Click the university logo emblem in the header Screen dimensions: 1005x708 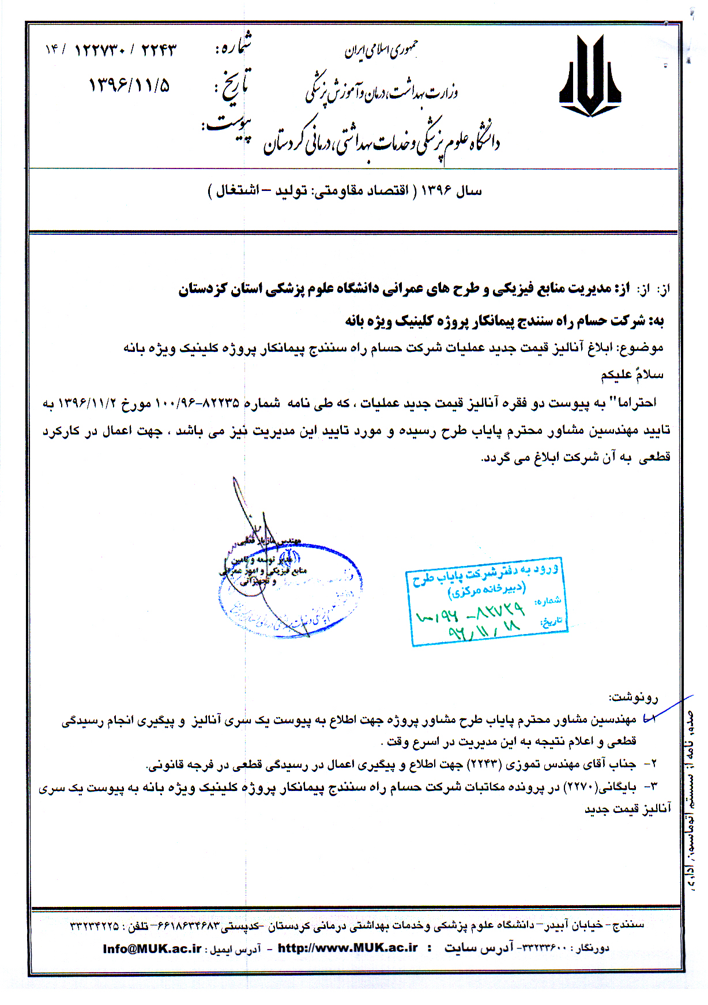(589, 76)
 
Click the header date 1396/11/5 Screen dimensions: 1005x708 (129, 85)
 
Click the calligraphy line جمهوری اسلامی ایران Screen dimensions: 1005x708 (381, 51)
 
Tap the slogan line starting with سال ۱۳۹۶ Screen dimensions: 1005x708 (345, 191)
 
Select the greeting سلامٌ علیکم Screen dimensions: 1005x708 (632, 375)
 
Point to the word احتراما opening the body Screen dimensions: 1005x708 (637, 403)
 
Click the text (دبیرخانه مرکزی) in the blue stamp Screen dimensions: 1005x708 (487, 590)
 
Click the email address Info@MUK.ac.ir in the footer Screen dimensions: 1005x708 (152, 948)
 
